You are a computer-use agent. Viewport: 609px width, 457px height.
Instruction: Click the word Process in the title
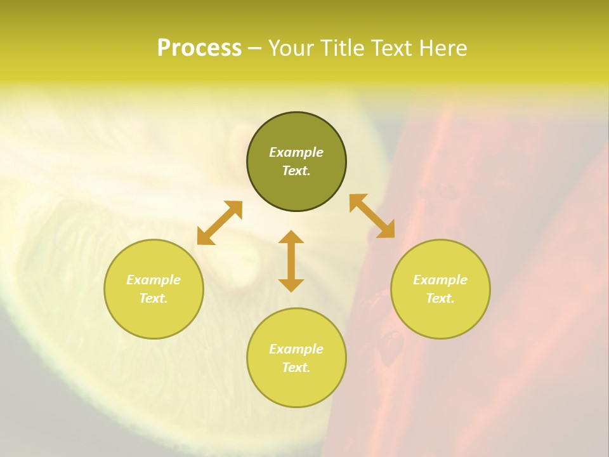click(x=199, y=48)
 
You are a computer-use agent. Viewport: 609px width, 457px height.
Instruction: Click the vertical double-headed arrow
click(x=291, y=261)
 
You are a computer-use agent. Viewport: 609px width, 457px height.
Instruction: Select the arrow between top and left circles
click(x=219, y=223)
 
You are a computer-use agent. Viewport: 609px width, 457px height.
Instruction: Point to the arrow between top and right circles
click(x=372, y=216)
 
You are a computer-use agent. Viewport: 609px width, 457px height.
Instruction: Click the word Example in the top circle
click(x=296, y=152)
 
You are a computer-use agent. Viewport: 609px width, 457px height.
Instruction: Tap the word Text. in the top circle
click(x=296, y=171)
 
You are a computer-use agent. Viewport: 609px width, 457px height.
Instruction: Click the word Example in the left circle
click(x=154, y=280)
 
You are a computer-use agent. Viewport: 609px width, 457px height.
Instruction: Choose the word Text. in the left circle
click(x=154, y=298)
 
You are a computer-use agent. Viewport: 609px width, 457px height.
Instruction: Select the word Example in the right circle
click(x=440, y=280)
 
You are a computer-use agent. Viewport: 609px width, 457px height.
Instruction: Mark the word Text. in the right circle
click(x=440, y=298)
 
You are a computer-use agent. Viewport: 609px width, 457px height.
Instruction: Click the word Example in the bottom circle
click(x=296, y=349)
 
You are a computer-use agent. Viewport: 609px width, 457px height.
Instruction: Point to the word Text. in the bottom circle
click(x=296, y=368)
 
